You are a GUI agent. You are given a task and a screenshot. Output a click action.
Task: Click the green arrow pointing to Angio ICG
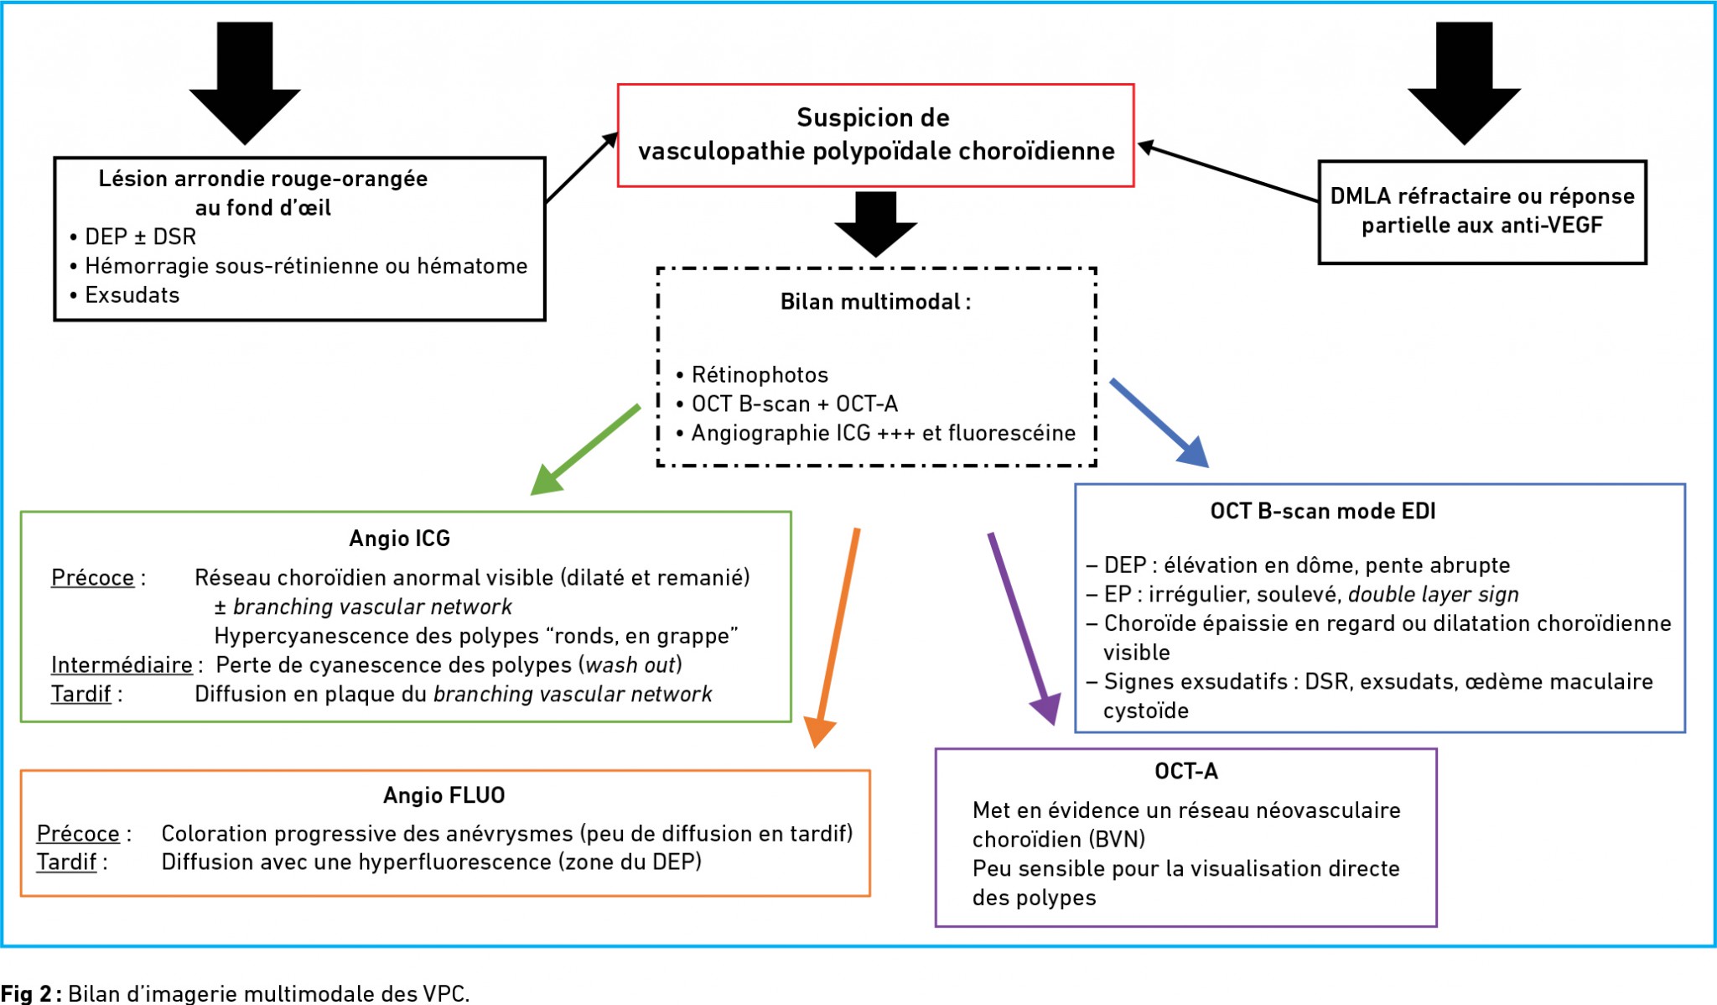pos(585,450)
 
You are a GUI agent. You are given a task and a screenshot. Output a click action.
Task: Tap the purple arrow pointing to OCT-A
pos(1024,628)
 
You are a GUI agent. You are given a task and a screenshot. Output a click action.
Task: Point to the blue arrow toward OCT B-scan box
pos(1159,423)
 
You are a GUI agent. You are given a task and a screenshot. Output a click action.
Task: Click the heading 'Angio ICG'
pos(400,539)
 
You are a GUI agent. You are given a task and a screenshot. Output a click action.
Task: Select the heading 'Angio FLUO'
pos(444,795)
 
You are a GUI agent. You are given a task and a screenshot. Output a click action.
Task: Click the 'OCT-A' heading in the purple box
pos(1186,771)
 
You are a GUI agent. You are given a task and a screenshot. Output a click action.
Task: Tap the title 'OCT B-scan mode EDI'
pos(1323,511)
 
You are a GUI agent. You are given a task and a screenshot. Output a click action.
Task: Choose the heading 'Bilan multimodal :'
pos(876,302)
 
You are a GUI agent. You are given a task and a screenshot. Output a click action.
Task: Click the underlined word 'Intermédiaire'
pos(122,665)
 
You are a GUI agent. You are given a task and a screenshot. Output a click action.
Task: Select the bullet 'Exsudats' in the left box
pos(132,295)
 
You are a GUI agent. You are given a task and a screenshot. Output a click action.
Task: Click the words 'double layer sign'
pos(1434,595)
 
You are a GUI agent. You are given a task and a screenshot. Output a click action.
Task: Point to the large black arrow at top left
pos(245,83)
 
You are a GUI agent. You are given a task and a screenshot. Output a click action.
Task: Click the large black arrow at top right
pos(1464,83)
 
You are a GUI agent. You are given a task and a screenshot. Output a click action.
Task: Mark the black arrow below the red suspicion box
pos(876,224)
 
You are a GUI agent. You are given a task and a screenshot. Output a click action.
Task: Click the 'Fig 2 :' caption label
pos(31,993)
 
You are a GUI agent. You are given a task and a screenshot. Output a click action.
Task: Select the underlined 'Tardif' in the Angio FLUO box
pos(66,862)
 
